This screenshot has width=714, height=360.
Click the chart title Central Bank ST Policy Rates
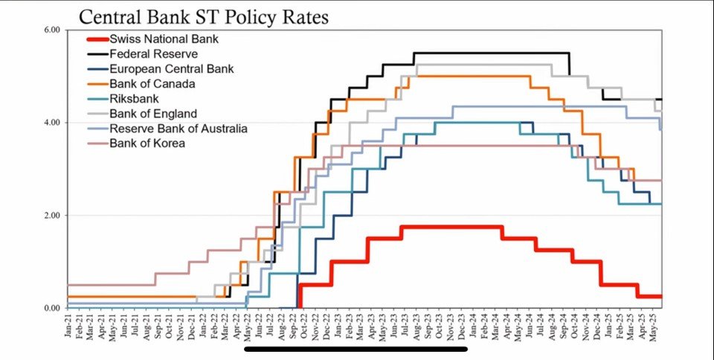click(203, 16)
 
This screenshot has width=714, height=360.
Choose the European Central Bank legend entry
click(171, 69)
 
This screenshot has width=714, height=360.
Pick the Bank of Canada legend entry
click(152, 84)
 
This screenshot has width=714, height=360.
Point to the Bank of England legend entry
click(152, 114)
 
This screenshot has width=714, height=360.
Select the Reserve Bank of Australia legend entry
click(178, 129)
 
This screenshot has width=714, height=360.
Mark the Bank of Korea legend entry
click(147, 144)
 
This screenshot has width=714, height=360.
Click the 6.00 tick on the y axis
click(51, 30)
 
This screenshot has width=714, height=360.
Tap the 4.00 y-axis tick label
click(51, 123)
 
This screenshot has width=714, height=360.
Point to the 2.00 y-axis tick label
click(51, 216)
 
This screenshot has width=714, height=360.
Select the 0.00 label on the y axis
click(51, 308)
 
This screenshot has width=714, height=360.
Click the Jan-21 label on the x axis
click(68, 327)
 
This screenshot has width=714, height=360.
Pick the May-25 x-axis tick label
click(653, 327)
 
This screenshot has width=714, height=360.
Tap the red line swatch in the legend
click(97, 39)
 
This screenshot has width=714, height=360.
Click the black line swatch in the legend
click(97, 54)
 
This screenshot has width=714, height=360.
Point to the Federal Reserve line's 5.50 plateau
click(491, 53)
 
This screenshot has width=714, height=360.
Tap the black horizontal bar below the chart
click(356, 348)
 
